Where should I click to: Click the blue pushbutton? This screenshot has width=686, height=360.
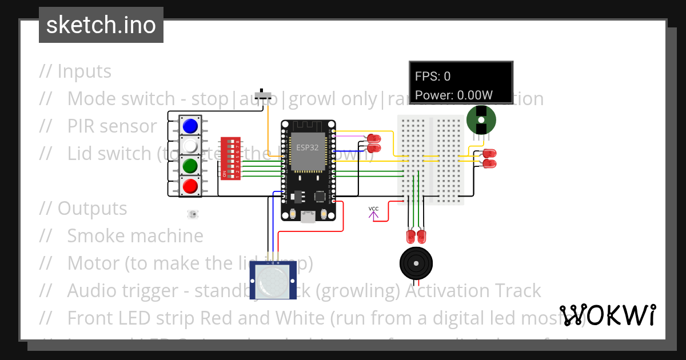click(190, 126)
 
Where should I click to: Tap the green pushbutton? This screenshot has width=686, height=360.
click(190, 166)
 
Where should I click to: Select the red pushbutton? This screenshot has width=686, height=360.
click(190, 186)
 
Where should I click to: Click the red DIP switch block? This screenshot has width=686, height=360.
click(230, 158)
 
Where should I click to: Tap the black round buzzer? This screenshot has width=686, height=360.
click(416, 263)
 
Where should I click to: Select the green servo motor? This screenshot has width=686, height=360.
click(481, 120)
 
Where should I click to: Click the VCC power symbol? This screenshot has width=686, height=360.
click(373, 213)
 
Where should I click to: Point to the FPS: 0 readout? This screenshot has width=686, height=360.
click(433, 76)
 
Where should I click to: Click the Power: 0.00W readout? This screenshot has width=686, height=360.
click(454, 95)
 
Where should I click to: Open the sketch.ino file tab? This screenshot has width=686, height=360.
click(101, 25)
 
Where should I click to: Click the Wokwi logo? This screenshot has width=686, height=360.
click(607, 315)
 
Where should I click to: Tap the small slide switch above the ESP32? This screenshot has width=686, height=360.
click(264, 94)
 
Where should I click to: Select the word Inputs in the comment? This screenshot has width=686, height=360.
click(85, 71)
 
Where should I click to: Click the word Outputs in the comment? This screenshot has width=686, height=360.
click(92, 208)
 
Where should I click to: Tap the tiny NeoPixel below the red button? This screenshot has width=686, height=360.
click(193, 214)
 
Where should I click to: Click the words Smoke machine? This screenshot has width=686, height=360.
click(135, 235)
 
